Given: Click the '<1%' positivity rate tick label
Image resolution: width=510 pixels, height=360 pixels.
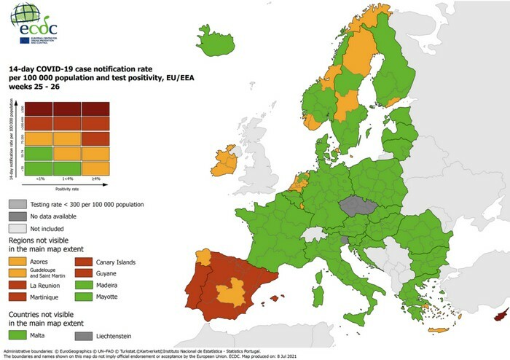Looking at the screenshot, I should coord(39,179).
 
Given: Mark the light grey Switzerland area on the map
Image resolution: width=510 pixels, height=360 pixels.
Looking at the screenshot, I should coord(314,234).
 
